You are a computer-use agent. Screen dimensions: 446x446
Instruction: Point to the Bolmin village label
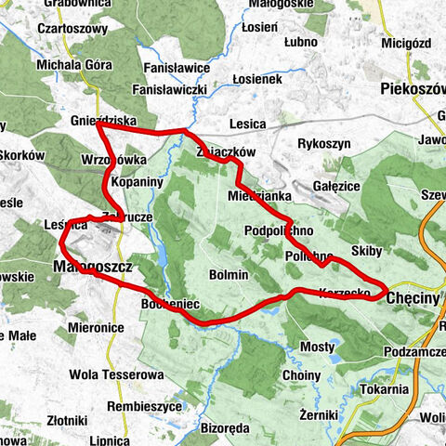[229, 275]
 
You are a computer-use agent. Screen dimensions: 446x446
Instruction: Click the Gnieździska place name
[102, 121]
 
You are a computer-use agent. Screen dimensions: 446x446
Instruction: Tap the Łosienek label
[256, 80]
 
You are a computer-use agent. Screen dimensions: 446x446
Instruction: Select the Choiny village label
[300, 375]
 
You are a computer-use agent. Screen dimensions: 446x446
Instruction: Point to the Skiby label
[368, 252]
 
